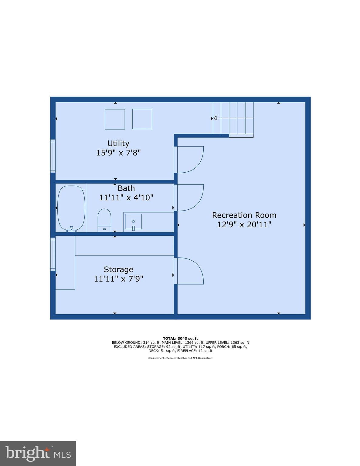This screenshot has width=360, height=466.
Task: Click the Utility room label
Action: [x=118, y=143]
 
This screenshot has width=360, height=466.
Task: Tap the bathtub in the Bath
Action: [x=71, y=208]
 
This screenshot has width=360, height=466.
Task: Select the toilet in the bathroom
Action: [x=104, y=220]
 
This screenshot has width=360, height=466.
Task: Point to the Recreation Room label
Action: [x=244, y=215]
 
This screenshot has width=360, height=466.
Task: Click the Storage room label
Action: [x=118, y=269]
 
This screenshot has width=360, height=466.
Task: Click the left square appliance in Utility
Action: [x=115, y=119]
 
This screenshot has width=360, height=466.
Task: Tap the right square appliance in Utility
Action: [x=142, y=119]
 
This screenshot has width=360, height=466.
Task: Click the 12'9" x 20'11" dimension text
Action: [x=244, y=225]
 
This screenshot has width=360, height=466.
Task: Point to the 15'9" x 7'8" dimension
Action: [x=118, y=153]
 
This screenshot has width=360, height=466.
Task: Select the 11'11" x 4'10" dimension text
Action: [x=126, y=198]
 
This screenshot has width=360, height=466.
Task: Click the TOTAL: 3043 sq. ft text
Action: [x=180, y=338]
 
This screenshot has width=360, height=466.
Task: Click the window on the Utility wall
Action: [x=53, y=156]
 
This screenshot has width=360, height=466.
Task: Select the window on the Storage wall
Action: [x=53, y=254]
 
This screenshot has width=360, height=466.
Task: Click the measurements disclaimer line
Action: [x=180, y=358]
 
